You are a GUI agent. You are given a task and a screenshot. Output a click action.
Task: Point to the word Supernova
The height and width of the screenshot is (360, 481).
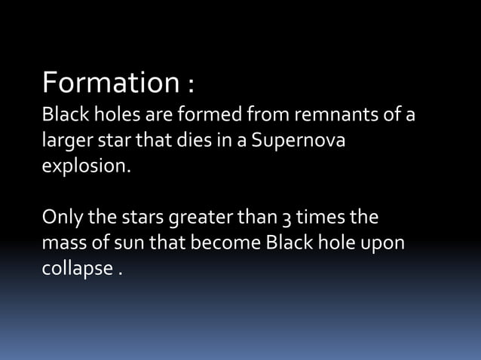coord(303,142)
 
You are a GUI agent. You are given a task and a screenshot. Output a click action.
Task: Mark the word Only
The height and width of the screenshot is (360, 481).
coord(60,218)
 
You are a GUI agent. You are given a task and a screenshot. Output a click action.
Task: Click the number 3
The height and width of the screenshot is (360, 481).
coord(284,219)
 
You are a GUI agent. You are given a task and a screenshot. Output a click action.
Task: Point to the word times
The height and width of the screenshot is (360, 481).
coord(319,218)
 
